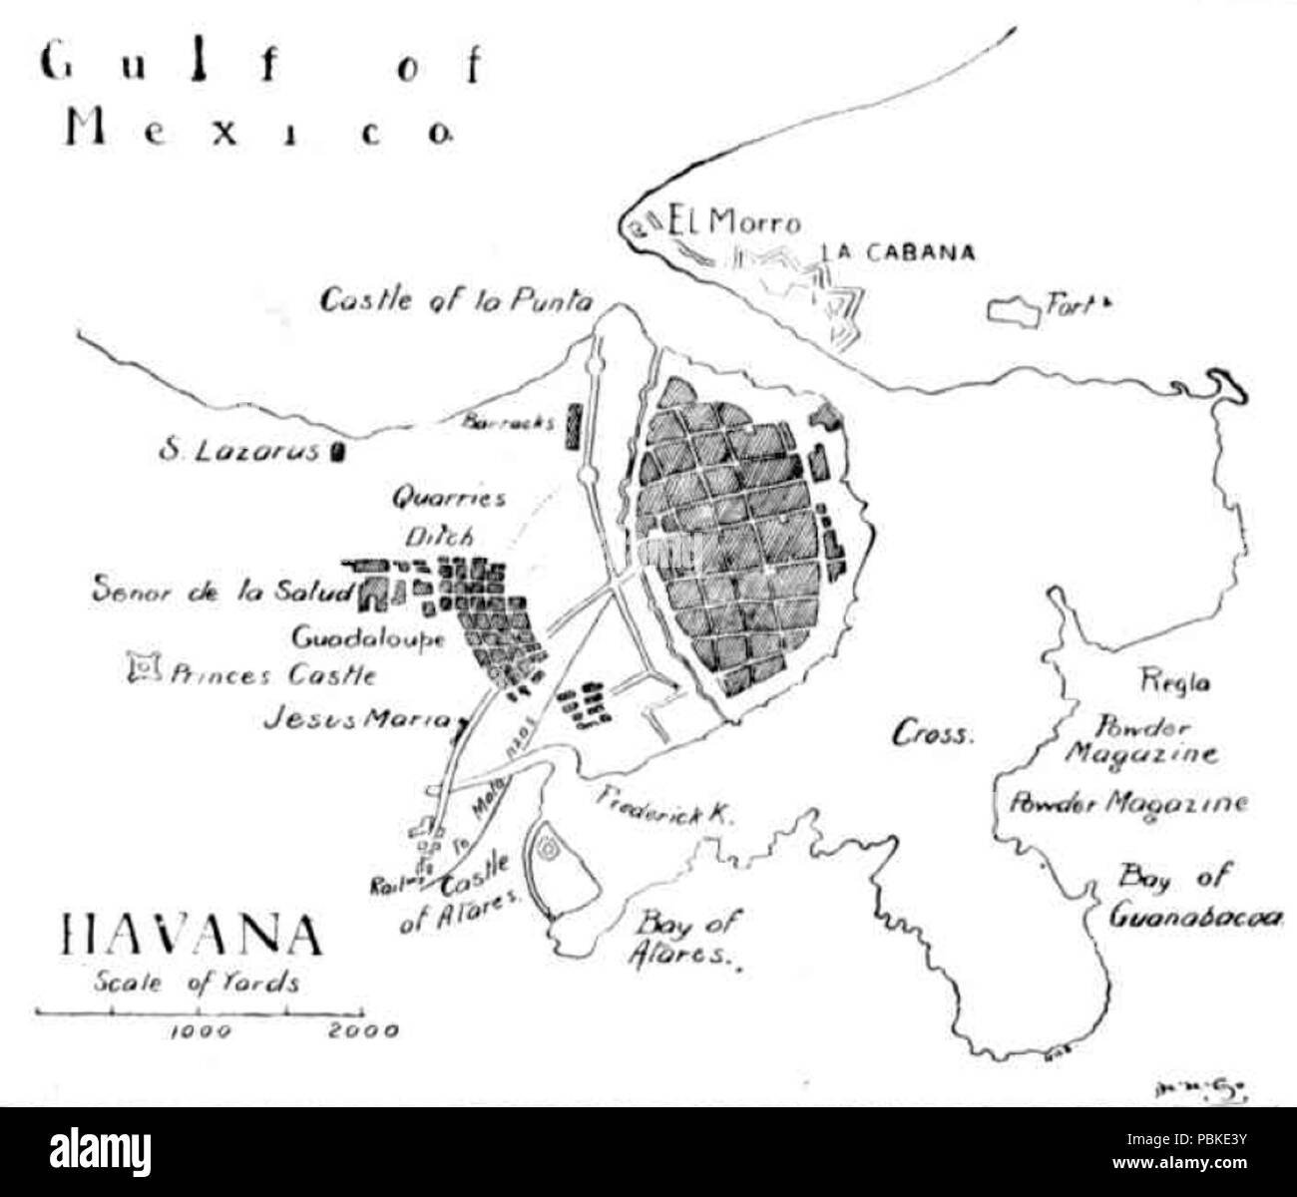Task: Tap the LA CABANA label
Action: [898, 252]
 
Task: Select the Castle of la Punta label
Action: [456, 300]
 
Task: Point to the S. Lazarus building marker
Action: [337, 454]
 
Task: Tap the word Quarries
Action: [448, 497]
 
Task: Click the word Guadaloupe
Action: [368, 637]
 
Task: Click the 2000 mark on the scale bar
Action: [363, 1030]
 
